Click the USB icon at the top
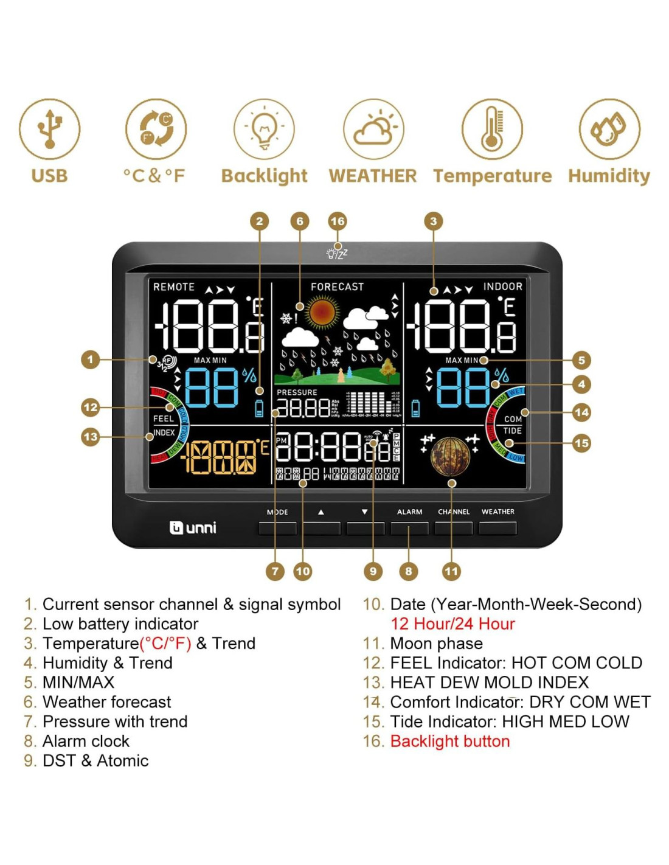[x=49, y=129]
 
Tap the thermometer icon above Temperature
[x=492, y=129]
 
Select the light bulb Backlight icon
[x=265, y=129]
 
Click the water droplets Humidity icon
[x=609, y=129]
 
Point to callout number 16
[x=338, y=221]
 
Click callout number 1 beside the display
[x=90, y=360]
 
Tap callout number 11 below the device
[x=451, y=571]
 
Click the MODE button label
[x=277, y=512]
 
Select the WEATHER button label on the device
[x=497, y=512]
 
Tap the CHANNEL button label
[x=454, y=512]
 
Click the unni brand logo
[x=193, y=527]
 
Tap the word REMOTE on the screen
[x=174, y=287]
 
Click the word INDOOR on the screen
[x=502, y=287]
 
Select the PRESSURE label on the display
[x=297, y=392]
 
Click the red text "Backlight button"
[x=450, y=742]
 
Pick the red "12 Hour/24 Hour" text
[x=452, y=624]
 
